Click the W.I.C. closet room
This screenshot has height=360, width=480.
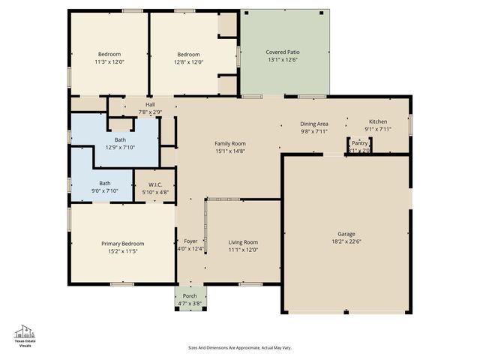pos(155,184)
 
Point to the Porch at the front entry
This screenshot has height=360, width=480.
pos(190,296)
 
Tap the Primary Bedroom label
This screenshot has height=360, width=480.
pos(123,244)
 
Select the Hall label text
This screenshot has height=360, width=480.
pos(150,104)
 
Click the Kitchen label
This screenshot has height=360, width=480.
pos(377,121)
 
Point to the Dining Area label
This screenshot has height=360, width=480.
pos(314,124)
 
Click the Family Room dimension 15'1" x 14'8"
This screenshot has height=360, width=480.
pos(230,151)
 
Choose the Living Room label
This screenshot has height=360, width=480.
pos(243,242)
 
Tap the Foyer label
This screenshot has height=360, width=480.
pos(190,241)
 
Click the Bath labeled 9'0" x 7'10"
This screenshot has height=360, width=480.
pos(105,187)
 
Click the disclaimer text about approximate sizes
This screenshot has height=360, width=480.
pos(239,348)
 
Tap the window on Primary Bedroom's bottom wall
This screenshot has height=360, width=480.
pos(122,283)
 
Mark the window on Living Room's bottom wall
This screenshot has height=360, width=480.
pos(250,283)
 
